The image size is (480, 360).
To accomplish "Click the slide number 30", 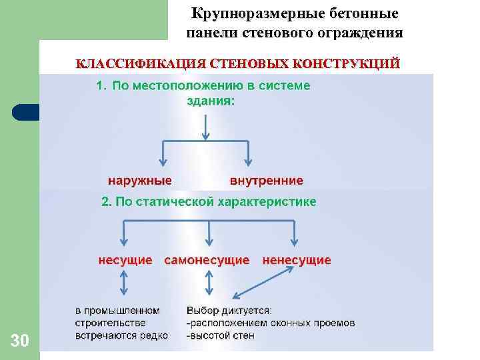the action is coord(20,342).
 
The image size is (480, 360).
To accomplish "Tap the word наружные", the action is coord(140,181).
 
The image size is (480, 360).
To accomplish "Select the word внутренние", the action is coord(266,181).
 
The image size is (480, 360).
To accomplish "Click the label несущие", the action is coord(125,260).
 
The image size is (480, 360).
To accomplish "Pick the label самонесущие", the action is coord(207,260).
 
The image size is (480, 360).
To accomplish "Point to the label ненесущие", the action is coord(297,260).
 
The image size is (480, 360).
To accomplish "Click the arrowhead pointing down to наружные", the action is coord(161,162).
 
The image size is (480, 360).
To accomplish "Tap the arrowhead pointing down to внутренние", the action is coord(248,162).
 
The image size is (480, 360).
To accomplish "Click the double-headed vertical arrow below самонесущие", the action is coord(209,285).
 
